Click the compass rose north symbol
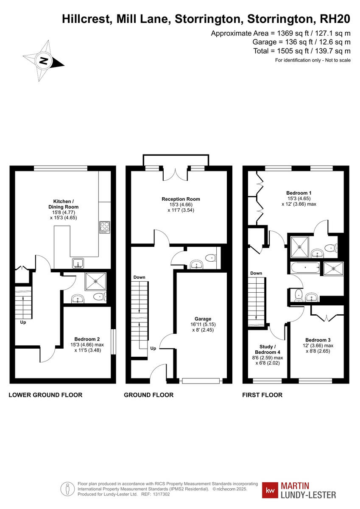tap(43, 61)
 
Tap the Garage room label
tap(203, 319)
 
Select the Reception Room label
tap(181, 199)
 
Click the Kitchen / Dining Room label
tap(66, 204)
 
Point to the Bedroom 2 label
tap(87, 339)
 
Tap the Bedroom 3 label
tap(318, 340)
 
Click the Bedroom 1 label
tap(299, 193)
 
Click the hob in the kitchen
tap(104, 227)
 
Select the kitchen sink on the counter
tap(78, 263)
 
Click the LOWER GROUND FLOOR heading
tap(45, 395)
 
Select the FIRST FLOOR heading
tap(262, 395)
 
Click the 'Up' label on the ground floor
tap(153, 348)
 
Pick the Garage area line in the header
tap(301, 42)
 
